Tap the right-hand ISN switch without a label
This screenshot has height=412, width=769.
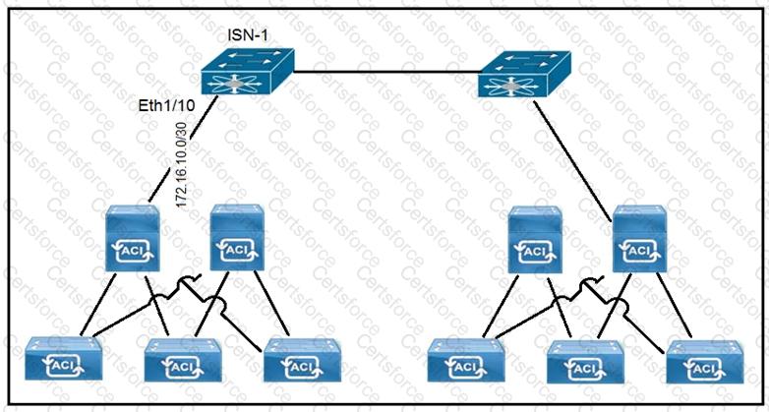520,75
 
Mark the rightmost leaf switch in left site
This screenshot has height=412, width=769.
302,360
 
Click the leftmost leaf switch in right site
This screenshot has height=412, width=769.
467,361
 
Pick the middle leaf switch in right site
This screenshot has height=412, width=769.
583,361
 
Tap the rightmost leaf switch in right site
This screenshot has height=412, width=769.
704,360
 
